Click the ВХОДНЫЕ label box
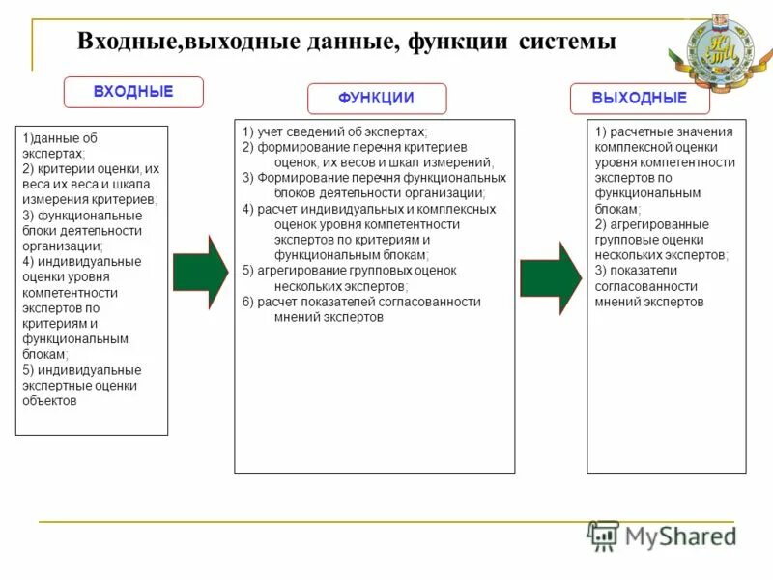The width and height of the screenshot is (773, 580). [x=133, y=92]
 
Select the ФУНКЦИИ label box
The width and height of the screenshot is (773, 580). [x=377, y=99]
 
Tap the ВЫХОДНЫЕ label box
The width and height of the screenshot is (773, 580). [x=640, y=99]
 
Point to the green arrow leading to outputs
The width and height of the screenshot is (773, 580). [x=550, y=278]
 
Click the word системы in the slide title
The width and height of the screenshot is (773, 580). [x=567, y=43]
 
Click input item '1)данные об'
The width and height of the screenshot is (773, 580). [x=60, y=138]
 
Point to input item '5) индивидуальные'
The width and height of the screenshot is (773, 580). [x=82, y=370]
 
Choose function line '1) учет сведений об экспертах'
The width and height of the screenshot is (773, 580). [x=334, y=131]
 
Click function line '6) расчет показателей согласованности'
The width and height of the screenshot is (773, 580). [x=361, y=302]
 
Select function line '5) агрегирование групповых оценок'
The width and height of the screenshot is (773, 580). [x=350, y=271]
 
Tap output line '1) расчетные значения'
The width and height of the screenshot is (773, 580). [x=664, y=131]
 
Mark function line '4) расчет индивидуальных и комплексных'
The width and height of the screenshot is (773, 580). [x=369, y=209]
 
